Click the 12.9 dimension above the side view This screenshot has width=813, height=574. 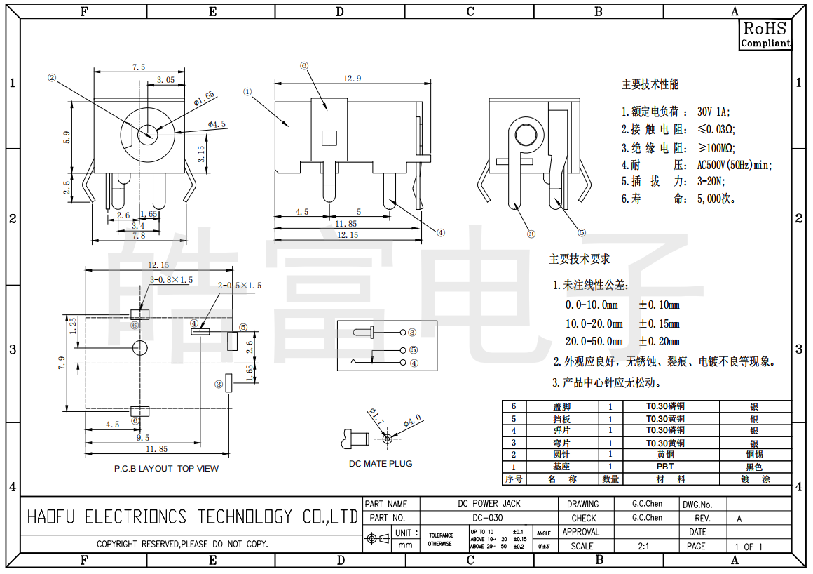352,79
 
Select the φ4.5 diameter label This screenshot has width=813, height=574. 217,124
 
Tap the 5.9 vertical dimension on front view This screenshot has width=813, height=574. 67,138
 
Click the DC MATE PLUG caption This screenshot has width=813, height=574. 381,463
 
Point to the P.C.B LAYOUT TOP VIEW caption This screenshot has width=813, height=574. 166,468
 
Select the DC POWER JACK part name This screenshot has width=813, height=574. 489,504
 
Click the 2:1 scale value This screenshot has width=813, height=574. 642,546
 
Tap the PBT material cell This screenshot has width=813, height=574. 664,467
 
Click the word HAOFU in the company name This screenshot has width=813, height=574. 51,518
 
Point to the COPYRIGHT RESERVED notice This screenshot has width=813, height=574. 182,544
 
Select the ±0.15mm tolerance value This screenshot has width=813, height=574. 659,323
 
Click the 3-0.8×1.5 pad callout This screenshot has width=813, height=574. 171,280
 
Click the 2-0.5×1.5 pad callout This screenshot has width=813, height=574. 240,286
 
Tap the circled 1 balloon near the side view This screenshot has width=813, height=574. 247,91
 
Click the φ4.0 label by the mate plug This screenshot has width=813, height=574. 412,422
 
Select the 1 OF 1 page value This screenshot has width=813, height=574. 748,547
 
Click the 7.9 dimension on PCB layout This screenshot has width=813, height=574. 62,362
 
